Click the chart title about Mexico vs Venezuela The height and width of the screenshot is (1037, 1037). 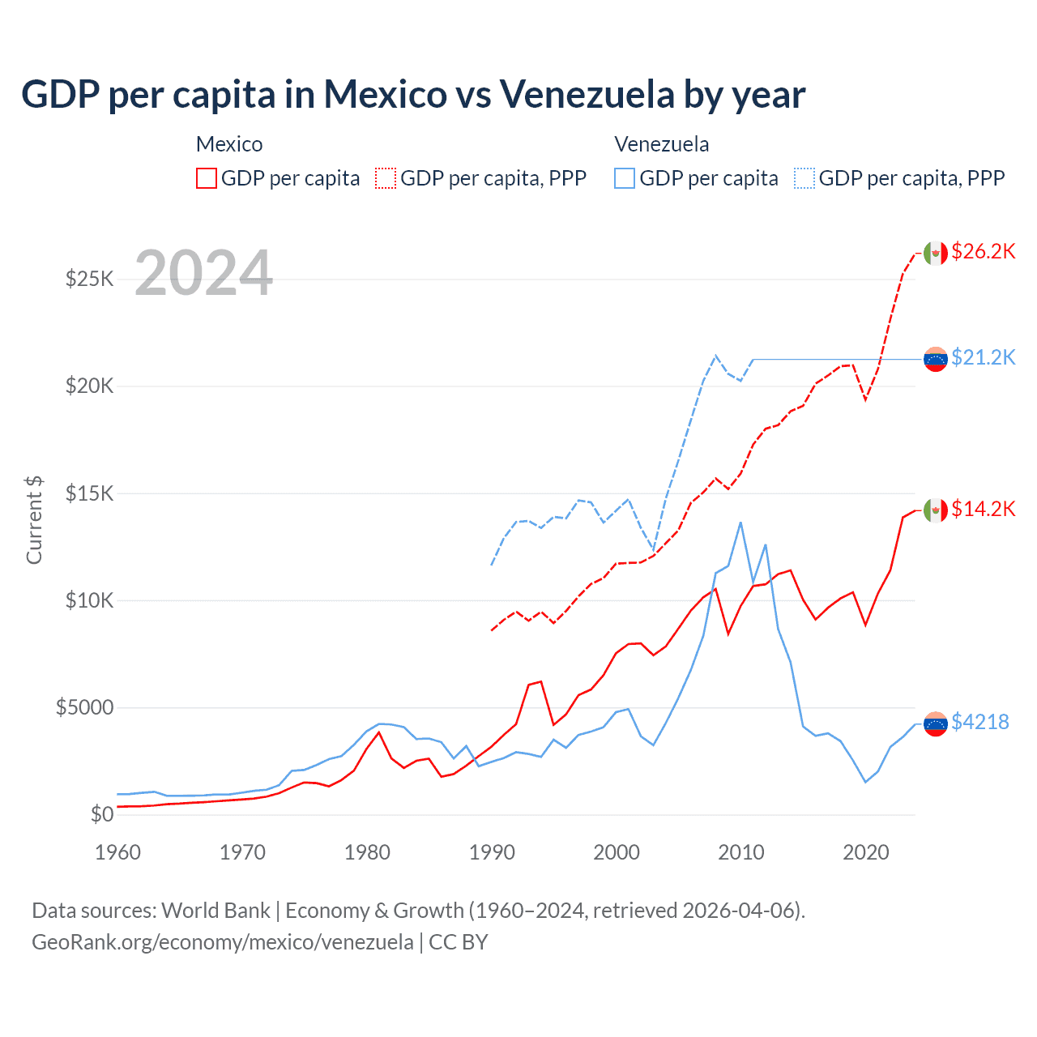tap(413, 94)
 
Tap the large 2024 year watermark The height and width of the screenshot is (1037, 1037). tap(203, 273)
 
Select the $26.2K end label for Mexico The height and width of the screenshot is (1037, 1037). tap(983, 251)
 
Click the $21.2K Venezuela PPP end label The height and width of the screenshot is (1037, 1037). tap(983, 357)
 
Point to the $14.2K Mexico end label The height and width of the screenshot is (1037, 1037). tap(983, 509)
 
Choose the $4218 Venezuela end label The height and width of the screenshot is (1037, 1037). tap(979, 722)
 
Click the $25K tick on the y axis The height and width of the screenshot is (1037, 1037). tap(89, 280)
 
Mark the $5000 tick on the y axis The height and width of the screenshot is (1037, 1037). tap(84, 707)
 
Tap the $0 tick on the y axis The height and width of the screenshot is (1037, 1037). tap(101, 814)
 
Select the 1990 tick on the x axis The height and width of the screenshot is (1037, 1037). tap(492, 852)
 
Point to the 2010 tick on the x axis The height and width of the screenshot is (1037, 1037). tap(741, 852)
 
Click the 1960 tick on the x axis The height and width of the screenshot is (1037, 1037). tap(118, 852)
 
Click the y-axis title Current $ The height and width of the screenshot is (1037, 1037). tap(34, 520)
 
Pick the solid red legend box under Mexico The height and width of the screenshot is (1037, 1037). tap(207, 178)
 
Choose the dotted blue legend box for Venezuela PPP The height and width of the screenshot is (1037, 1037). tap(804, 178)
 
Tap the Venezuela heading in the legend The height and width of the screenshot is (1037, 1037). tap(661, 144)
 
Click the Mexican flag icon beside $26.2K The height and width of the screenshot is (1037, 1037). tap(936, 253)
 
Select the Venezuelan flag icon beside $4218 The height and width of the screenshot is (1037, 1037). tap(936, 723)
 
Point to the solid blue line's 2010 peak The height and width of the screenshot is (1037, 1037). tap(740, 523)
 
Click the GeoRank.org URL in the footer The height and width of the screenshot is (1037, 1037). tap(223, 942)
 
